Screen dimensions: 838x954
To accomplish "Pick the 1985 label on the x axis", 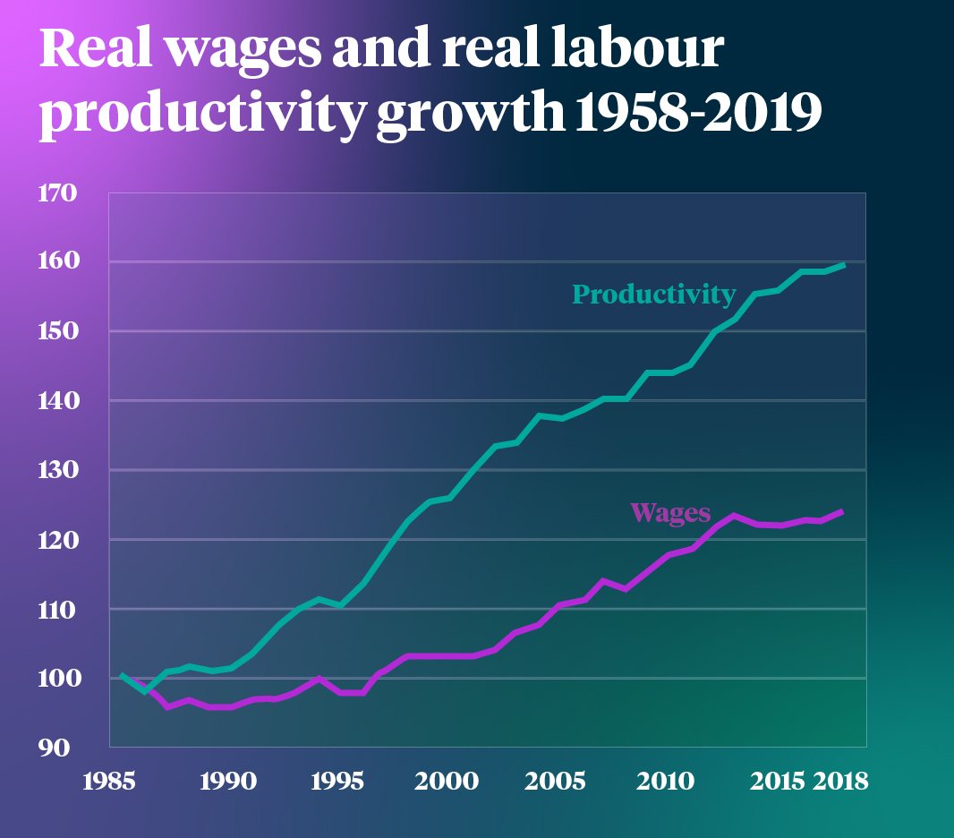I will [x=109, y=781].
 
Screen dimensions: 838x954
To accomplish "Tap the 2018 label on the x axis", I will [x=842, y=781].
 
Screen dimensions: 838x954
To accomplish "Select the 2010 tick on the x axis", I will [x=666, y=781].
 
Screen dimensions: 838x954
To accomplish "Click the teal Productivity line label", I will [x=653, y=294].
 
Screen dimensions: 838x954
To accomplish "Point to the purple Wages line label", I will [x=670, y=513].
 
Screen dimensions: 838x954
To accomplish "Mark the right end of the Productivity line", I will [x=844, y=265].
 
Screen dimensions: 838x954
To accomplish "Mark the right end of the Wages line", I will [x=842, y=511].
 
